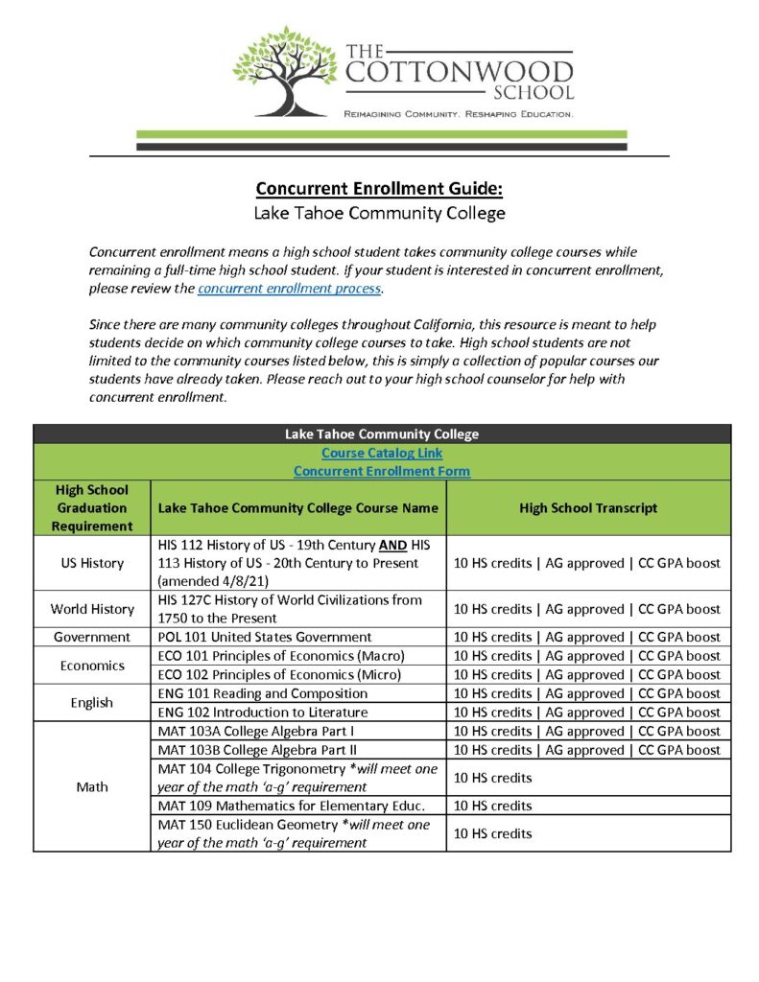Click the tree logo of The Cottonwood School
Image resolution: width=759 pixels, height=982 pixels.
(285, 71)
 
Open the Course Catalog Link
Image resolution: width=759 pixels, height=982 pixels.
(381, 453)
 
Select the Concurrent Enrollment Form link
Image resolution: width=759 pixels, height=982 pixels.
(381, 471)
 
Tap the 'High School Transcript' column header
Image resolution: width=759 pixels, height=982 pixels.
(588, 508)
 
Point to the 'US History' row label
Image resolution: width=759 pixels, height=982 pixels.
(92, 563)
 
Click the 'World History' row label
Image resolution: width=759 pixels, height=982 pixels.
(92, 609)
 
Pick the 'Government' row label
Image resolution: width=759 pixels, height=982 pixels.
(92, 637)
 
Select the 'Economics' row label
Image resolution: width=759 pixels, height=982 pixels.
(92, 666)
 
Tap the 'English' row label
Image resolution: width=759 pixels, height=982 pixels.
(92, 703)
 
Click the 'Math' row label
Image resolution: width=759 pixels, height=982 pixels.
(92, 787)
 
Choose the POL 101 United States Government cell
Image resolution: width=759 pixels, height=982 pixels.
(264, 637)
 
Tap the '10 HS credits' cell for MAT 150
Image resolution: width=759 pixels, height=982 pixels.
(492, 833)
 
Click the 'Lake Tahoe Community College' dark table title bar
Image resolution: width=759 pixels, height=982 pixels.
(381, 433)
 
